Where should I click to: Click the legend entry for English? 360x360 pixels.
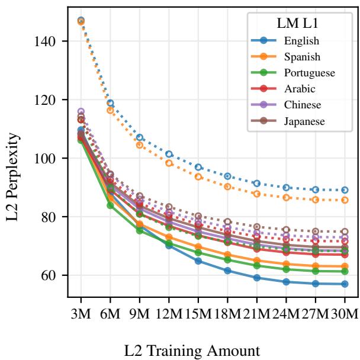coord(301,41)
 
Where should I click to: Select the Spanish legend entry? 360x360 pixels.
coord(303,57)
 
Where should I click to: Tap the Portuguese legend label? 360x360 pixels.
coord(309,73)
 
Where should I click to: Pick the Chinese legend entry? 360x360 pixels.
coord(303,105)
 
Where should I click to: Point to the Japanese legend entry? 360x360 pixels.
coord(304,121)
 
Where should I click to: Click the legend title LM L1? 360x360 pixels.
coord(297,24)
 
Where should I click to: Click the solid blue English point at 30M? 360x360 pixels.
coord(345,284)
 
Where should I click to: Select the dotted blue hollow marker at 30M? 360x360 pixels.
coord(345,190)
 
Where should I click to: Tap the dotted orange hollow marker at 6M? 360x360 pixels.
coord(110,110)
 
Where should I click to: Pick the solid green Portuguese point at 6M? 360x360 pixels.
coord(110,205)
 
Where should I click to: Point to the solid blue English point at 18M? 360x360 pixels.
coord(227,271)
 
